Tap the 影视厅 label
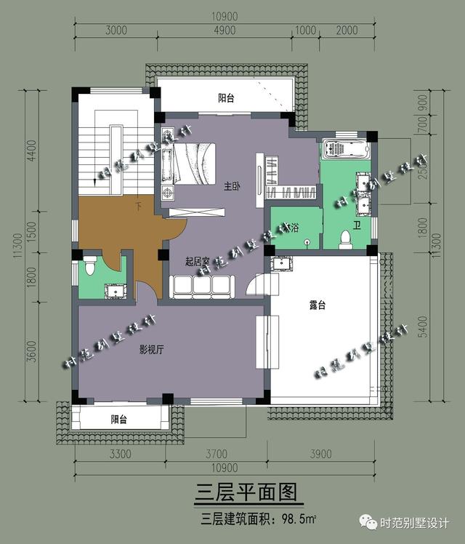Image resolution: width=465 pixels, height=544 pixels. tap(152, 350)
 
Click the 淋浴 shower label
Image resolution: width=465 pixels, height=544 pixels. tap(294, 228)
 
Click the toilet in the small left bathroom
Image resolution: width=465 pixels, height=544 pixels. tap(91, 266)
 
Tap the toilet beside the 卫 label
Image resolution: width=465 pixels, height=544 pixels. tap(346, 239)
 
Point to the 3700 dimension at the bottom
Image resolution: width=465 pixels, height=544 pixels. tap(217, 455)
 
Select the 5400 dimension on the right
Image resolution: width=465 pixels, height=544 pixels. tap(424, 331)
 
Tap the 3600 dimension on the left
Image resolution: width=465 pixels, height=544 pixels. tap(31, 353)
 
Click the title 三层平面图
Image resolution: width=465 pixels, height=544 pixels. tap(246, 494)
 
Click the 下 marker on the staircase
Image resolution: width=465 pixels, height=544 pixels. tap(139, 207)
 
